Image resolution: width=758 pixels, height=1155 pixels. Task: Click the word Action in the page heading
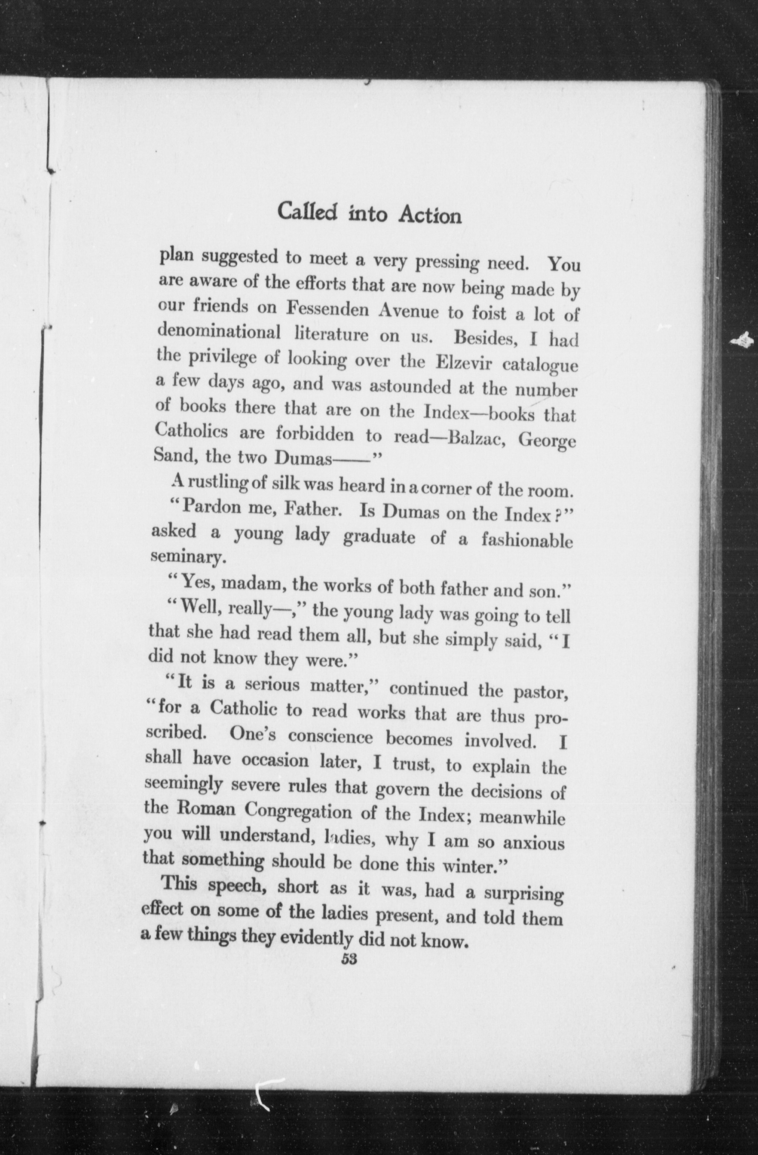point(430,215)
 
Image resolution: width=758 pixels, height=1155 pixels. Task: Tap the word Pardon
point(218,508)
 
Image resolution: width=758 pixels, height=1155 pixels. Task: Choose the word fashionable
point(527,541)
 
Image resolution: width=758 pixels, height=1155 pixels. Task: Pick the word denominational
point(220,332)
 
